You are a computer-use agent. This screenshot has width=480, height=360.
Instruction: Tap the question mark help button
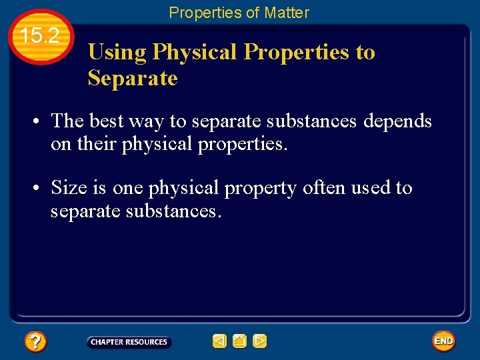coord(35,342)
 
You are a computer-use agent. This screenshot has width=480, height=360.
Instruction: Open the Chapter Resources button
coord(129,342)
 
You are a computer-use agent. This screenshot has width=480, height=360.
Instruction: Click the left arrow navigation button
coord(219,341)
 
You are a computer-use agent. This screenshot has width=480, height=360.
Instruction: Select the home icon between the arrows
coord(239,341)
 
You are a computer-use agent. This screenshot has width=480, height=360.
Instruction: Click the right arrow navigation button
coord(259,341)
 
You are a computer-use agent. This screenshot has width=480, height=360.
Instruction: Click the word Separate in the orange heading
coord(133,78)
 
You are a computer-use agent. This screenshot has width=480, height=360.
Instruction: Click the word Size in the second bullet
coord(68,188)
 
